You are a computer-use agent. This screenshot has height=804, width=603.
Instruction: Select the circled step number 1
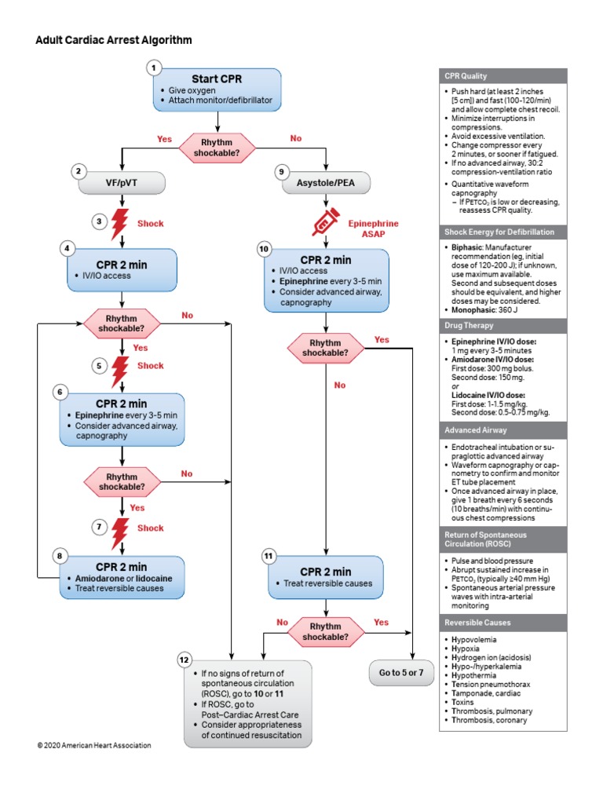click(155, 68)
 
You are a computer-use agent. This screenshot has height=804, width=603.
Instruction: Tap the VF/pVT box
click(122, 182)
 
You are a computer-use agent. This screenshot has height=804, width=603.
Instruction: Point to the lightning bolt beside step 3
click(121, 223)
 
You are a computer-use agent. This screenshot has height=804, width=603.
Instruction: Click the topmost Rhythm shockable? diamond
click(217, 147)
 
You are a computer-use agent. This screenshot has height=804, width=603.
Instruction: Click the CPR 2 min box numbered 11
click(325, 577)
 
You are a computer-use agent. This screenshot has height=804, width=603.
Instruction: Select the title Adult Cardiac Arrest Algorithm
click(114, 39)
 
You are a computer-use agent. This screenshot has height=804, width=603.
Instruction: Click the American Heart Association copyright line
click(94, 745)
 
